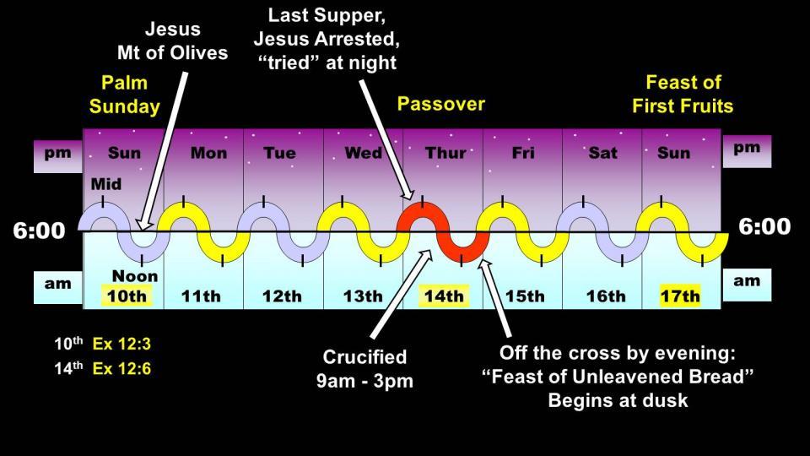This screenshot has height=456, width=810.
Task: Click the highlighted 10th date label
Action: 127,296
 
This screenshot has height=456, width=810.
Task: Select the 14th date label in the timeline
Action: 444,296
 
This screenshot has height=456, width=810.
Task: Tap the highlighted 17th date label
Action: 680,296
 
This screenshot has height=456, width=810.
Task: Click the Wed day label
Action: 363,153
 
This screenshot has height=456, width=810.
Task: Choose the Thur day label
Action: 445,153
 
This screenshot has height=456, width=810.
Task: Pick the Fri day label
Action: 523,153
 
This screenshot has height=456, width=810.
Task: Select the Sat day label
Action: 602,153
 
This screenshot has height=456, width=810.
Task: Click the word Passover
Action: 441,104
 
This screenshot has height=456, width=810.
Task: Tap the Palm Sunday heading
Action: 125,94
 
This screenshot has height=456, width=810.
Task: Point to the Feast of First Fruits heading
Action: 683,94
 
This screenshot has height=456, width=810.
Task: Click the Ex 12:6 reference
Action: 121,369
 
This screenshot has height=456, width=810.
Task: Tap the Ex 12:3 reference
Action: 121,344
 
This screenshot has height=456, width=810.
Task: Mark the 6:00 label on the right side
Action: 764,226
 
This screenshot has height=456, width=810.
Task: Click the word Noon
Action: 135,276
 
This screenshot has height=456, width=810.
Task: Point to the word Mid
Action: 106,184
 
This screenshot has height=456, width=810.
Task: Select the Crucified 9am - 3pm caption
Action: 364,369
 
